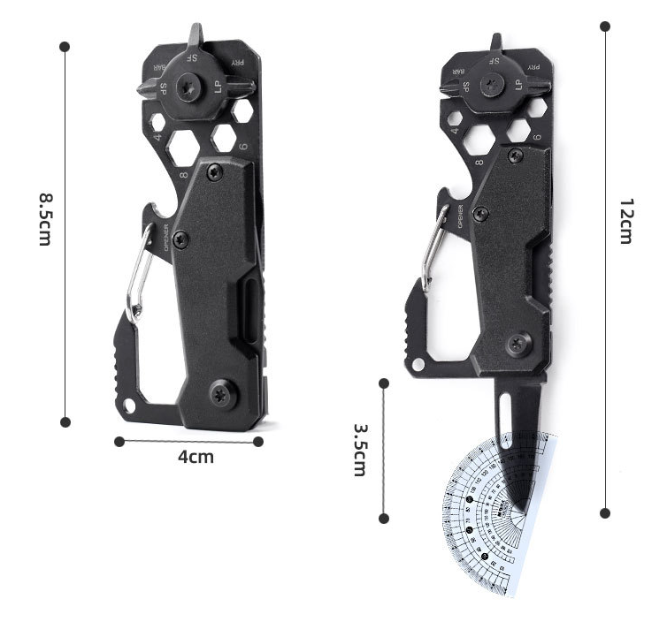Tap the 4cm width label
[195, 457]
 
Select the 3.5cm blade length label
[359, 450]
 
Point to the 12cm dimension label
[625, 222]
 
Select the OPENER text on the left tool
[165, 239]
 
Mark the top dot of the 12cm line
[605, 27]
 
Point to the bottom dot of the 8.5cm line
[65, 422]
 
